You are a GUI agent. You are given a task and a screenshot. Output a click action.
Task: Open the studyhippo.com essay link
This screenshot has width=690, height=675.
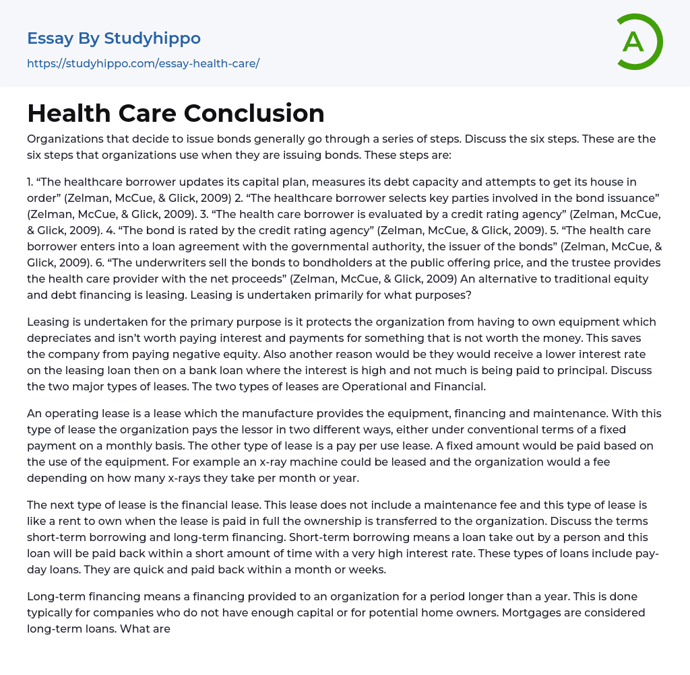[143, 63]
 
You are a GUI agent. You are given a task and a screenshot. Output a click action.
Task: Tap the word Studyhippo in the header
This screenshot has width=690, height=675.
[152, 38]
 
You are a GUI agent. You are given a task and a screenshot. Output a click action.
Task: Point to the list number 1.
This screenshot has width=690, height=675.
[30, 182]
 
